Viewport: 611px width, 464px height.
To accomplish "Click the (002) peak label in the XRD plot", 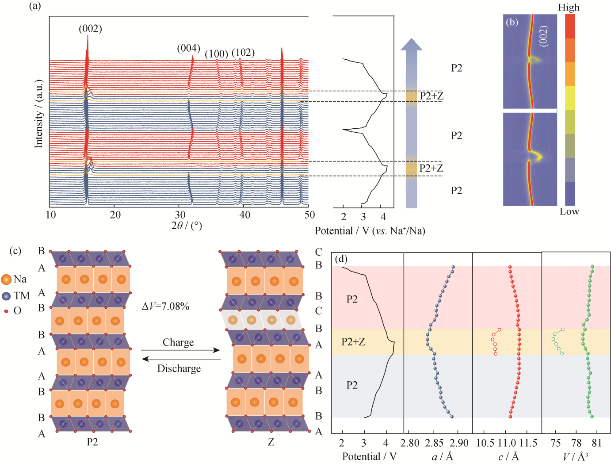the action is pos(91,29).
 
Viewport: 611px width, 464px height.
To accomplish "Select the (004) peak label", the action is pos(189,48).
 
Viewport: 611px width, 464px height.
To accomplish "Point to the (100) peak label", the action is pos(217,54).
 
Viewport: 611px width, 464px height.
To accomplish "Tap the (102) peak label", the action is pos(243,52).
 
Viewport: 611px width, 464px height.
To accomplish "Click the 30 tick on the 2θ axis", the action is pos(180,215).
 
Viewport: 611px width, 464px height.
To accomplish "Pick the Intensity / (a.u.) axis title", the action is pos(39,114).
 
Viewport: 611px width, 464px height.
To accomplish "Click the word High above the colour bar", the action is pos(569,8).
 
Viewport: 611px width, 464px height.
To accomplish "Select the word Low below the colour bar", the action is pos(569,212).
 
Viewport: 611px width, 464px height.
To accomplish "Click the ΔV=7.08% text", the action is pos(166,307).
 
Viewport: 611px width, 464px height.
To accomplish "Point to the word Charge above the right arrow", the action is pos(178,342).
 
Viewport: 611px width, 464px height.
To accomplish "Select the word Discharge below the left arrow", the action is pos(179,368).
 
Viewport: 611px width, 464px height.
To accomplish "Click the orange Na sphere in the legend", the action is pos(6,280).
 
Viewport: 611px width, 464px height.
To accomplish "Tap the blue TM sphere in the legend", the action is pos(6,296).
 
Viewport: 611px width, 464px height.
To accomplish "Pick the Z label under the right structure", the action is pos(271,442).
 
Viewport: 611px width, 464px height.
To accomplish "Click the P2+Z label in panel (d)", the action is pos(353,342).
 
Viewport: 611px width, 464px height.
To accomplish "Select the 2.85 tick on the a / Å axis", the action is pos(434,443).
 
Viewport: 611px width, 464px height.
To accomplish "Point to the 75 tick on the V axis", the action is pos(556,443).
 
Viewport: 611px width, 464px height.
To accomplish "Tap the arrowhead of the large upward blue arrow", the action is pos(412,44).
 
